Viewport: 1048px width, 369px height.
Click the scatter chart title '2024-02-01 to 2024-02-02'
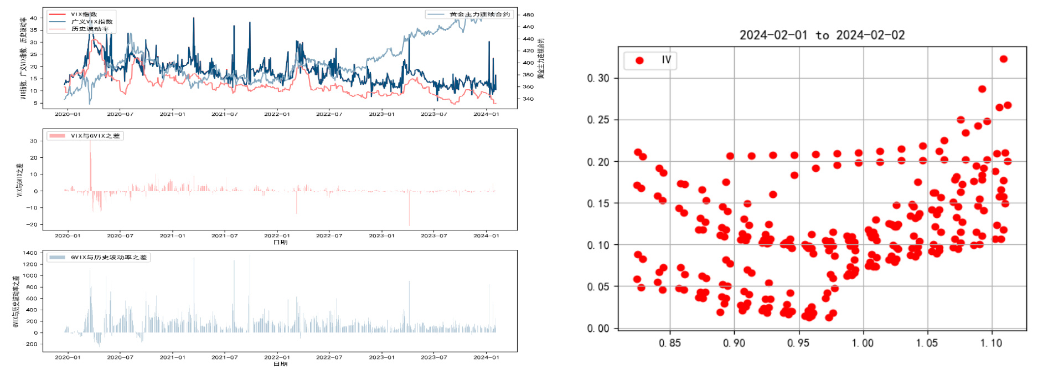[x=822, y=35]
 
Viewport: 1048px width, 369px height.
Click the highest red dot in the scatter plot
[x=1003, y=59]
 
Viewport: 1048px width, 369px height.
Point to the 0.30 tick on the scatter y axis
[x=598, y=78]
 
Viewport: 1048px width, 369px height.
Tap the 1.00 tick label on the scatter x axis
[x=863, y=343]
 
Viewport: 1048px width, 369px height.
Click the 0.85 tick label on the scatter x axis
[x=670, y=343]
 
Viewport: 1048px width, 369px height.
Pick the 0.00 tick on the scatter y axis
[x=598, y=328]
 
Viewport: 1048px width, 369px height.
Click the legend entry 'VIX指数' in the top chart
[x=84, y=14]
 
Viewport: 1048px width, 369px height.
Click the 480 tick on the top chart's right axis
[x=528, y=15]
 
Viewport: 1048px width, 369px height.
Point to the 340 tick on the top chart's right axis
[x=528, y=99]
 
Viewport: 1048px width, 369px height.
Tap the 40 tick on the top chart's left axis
[x=34, y=18]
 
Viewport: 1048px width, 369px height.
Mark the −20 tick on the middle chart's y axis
[x=33, y=224]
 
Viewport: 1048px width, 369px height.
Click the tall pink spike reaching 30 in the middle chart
[x=90, y=143]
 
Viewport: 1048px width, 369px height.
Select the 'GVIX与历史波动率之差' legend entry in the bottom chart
[x=109, y=257]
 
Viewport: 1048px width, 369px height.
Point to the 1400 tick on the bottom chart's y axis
[x=30, y=253]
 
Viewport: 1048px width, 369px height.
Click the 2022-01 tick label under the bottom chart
[x=277, y=357]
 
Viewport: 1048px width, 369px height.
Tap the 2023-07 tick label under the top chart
[x=433, y=114]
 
